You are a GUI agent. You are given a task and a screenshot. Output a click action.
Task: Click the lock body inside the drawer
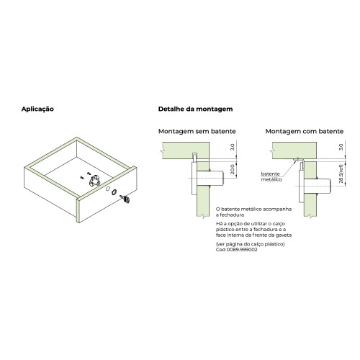tap(93, 183)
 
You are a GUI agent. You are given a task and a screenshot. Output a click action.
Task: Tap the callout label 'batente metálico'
tap(271, 176)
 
